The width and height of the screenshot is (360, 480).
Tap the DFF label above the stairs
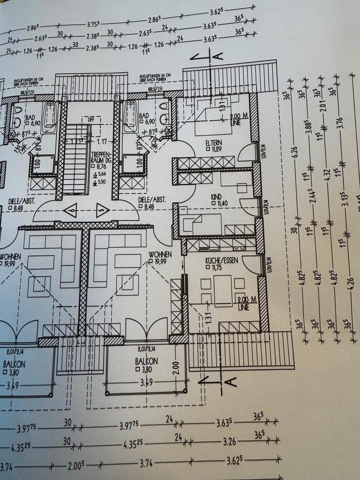point(76,120)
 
